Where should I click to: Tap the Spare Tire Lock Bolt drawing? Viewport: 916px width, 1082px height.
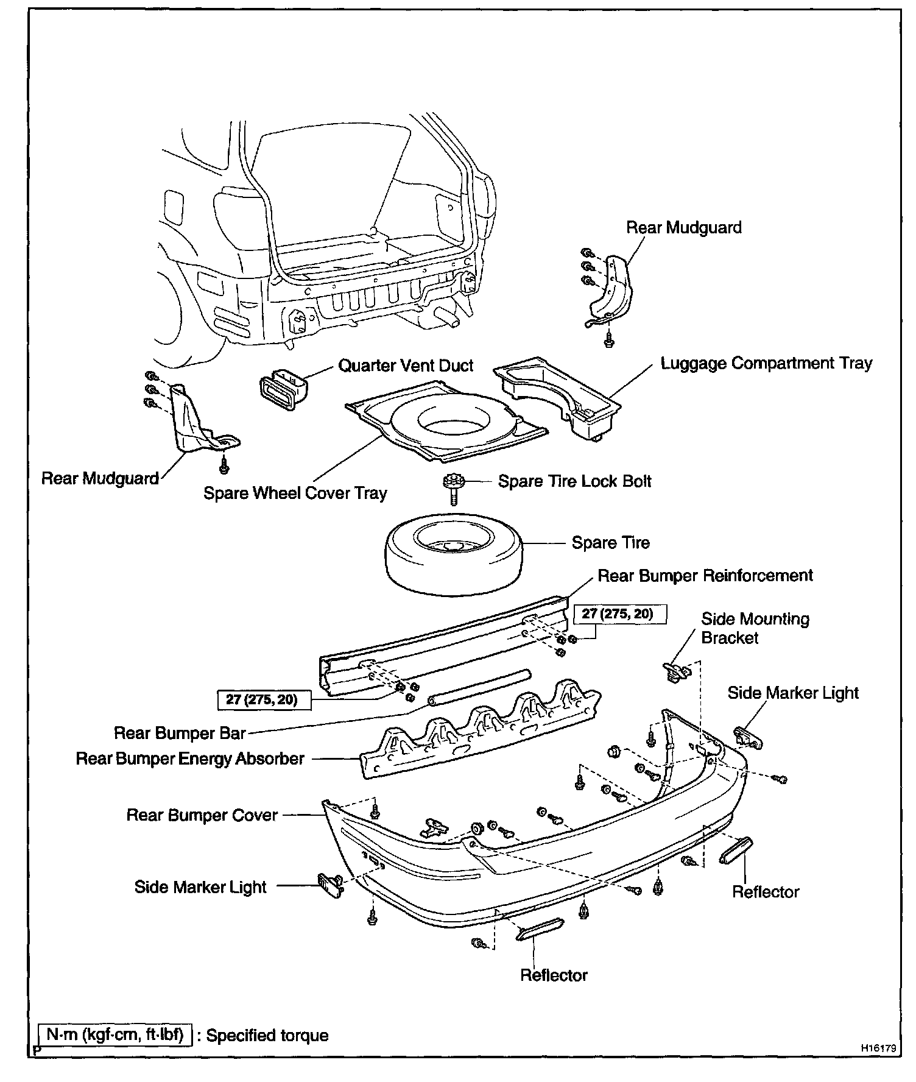(x=454, y=489)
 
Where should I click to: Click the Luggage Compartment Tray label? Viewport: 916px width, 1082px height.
(x=767, y=364)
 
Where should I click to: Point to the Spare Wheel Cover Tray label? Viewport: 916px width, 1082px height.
(x=295, y=493)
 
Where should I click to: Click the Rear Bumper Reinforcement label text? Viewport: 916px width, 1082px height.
(x=705, y=576)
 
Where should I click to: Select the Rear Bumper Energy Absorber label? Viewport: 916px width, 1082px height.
(x=190, y=759)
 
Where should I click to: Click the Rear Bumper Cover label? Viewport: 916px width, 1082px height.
(x=202, y=815)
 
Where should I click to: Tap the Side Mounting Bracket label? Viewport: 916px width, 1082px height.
(x=755, y=629)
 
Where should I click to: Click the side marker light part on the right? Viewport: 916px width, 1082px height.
(x=749, y=738)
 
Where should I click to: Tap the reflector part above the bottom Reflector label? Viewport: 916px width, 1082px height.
(x=540, y=928)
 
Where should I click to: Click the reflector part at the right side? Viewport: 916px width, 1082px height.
(x=736, y=850)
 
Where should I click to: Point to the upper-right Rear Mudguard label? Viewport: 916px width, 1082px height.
(x=684, y=228)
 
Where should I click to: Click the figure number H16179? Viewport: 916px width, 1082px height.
(x=878, y=1048)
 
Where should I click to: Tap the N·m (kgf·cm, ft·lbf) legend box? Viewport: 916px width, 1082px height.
(x=115, y=1035)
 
